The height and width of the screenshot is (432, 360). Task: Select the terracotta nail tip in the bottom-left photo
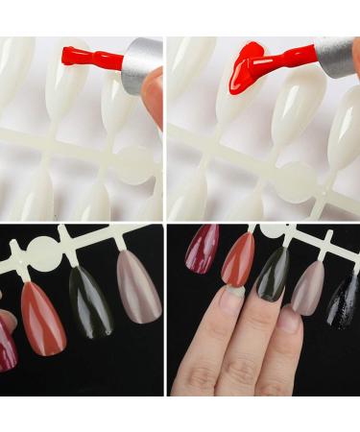pos(43,317)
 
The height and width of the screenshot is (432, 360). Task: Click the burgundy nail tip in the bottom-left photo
pos(8,336)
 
